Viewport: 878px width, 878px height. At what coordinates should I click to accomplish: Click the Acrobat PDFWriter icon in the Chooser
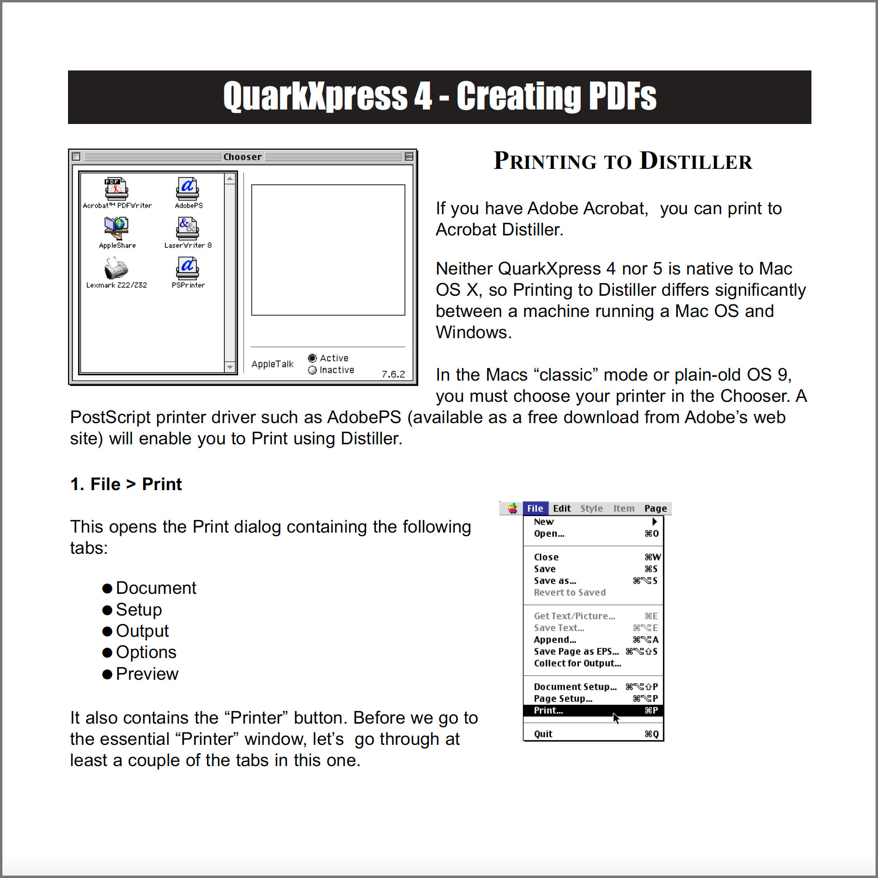point(116,189)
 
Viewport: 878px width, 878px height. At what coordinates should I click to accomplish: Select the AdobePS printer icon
point(188,189)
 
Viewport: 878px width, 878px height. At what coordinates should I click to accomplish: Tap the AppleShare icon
point(116,228)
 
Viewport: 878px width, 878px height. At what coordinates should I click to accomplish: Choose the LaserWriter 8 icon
point(188,228)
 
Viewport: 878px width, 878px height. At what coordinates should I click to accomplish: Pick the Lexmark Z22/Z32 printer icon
point(116,268)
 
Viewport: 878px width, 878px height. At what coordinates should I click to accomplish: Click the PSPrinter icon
point(188,268)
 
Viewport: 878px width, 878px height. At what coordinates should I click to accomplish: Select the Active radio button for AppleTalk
point(313,358)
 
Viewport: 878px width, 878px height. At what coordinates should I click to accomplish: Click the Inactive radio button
point(313,370)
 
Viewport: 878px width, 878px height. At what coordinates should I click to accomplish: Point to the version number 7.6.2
point(393,374)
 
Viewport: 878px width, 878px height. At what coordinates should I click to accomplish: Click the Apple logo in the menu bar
point(512,508)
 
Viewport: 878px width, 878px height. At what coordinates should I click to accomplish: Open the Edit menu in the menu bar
point(562,508)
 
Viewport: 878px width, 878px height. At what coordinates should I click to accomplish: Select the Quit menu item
point(544,734)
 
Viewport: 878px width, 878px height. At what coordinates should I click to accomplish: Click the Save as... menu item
point(555,581)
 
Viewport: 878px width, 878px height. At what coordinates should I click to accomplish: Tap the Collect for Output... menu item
point(577,663)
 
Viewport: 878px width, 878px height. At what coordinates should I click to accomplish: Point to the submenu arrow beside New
point(655,521)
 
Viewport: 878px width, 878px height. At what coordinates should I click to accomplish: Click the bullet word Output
point(142,631)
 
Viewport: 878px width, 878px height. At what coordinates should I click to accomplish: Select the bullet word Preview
point(147,674)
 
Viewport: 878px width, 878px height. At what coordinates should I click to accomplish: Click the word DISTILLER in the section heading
point(696,161)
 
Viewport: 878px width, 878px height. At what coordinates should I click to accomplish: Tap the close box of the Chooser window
point(76,157)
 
